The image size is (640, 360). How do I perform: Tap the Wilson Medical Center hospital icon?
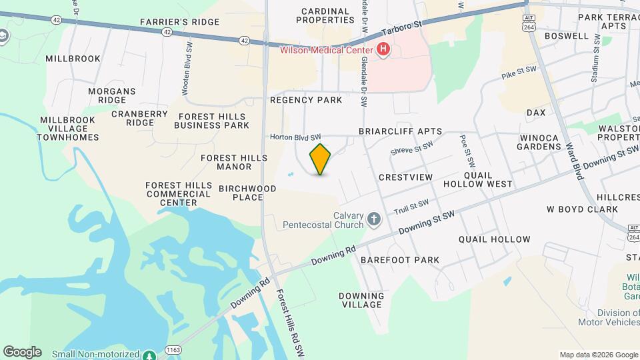pyautogui.click(x=383, y=49)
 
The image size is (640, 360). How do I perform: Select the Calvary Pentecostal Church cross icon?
pyautogui.click(x=375, y=219)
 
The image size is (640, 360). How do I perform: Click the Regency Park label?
pyautogui.click(x=306, y=100)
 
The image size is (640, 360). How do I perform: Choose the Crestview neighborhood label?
pyautogui.click(x=405, y=177)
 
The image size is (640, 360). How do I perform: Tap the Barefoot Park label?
pyautogui.click(x=400, y=260)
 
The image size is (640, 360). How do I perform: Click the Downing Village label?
pyautogui.click(x=361, y=300)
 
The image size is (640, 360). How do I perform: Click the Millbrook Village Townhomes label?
pyautogui.click(x=68, y=129)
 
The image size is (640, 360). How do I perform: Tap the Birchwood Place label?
pyautogui.click(x=247, y=193)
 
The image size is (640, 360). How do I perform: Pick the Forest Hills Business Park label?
pyautogui.click(x=213, y=121)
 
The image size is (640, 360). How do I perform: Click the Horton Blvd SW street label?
pyautogui.click(x=291, y=137)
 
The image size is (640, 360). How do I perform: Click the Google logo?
pyautogui.click(x=22, y=352)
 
